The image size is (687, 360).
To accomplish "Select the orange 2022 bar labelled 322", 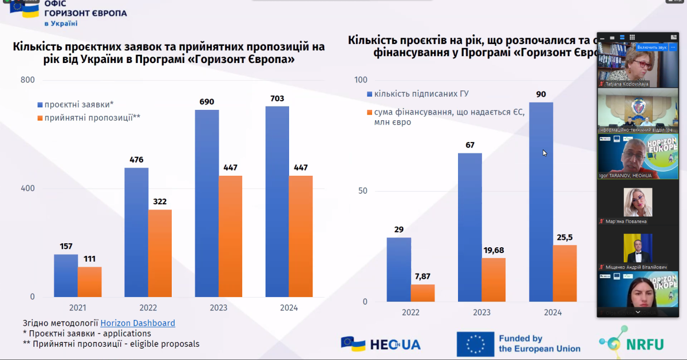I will pos(160,253).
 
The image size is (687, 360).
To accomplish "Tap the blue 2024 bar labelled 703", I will pos(277,201).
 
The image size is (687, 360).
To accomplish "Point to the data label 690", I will pos(207,102).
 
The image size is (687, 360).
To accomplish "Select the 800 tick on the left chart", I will pos(27,80).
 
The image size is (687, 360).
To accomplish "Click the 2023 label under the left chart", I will pos(218,308).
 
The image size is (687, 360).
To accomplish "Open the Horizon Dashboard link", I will pos(137,323).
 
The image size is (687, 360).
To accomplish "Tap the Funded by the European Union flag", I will pos(475,344).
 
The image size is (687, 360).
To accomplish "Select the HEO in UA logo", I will pos(381,343).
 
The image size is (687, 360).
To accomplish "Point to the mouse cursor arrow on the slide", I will pos(544,152).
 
